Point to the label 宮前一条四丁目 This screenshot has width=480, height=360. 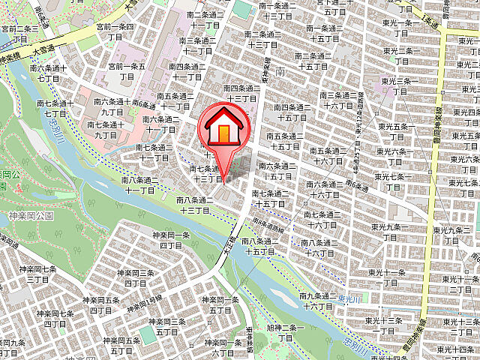115,31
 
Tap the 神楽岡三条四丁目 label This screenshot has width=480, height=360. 167,326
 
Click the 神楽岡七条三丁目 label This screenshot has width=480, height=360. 38,274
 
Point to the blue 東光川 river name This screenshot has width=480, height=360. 350,300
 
